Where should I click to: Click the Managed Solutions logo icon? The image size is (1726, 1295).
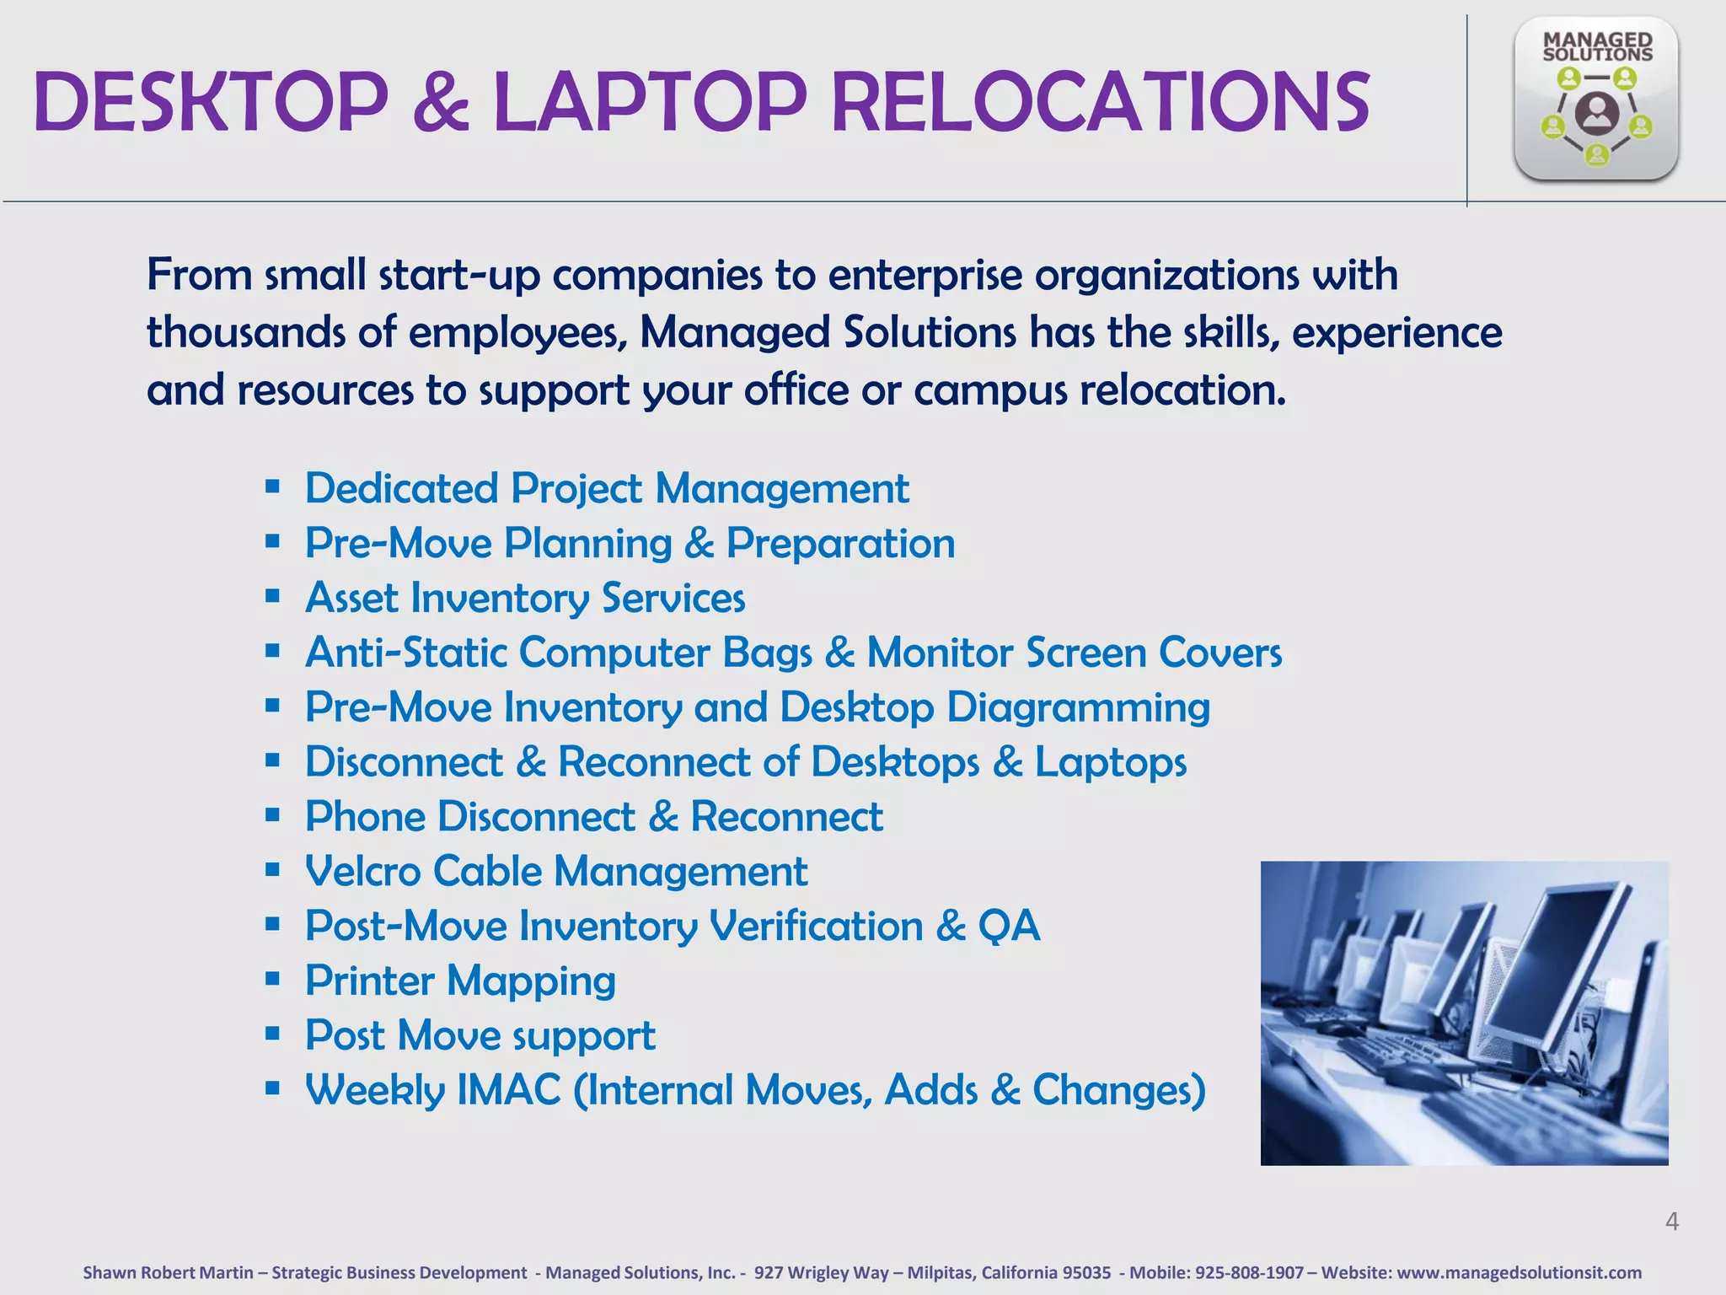click(x=1595, y=99)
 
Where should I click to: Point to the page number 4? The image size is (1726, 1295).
click(x=1672, y=1221)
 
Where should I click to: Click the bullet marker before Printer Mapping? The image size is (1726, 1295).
click(x=272, y=979)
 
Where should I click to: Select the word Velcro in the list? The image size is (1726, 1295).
click(x=362, y=871)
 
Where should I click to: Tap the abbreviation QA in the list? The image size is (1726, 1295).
click(x=1009, y=926)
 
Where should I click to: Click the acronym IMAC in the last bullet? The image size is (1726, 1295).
click(x=508, y=1089)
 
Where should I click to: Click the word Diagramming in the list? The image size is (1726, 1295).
click(x=1078, y=707)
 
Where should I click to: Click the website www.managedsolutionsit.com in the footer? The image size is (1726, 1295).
click(x=1519, y=1272)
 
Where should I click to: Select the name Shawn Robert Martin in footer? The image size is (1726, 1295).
click(x=168, y=1272)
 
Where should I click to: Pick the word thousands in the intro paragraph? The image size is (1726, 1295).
click(x=245, y=332)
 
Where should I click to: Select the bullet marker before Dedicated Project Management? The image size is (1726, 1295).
click(x=272, y=486)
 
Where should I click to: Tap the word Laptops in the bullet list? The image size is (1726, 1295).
click(x=1110, y=762)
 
